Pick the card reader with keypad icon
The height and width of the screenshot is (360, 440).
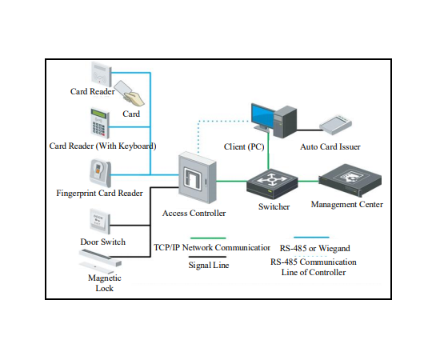click(98, 122)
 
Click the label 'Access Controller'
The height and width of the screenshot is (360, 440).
click(194, 214)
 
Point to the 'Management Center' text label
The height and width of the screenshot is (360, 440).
click(347, 205)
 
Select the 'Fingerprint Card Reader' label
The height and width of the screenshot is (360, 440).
click(100, 194)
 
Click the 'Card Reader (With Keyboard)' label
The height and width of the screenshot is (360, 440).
click(102, 146)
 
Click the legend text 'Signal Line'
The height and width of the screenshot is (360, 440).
click(208, 264)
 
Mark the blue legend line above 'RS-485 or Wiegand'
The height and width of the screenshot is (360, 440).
click(314, 238)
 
